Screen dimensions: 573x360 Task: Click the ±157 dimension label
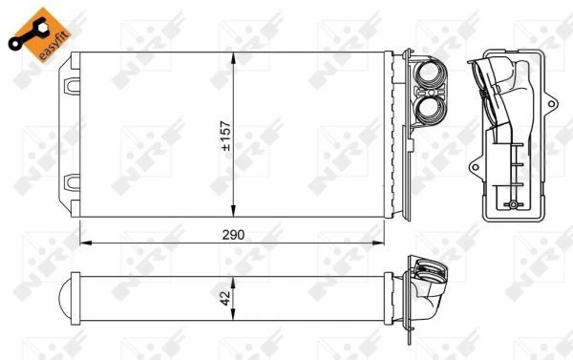point(226,136)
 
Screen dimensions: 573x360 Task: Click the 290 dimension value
point(233,235)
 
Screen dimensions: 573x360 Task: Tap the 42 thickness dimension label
point(225,298)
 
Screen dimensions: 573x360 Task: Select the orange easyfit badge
point(40,34)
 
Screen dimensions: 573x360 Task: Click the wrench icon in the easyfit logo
point(28,34)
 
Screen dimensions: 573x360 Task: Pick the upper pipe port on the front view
point(432,74)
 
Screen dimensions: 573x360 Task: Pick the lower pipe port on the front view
point(432,110)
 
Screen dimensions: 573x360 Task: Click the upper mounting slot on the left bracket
point(72,86)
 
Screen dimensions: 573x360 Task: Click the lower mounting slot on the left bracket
point(72,182)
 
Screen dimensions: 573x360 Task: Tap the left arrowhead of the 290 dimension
point(85,243)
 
